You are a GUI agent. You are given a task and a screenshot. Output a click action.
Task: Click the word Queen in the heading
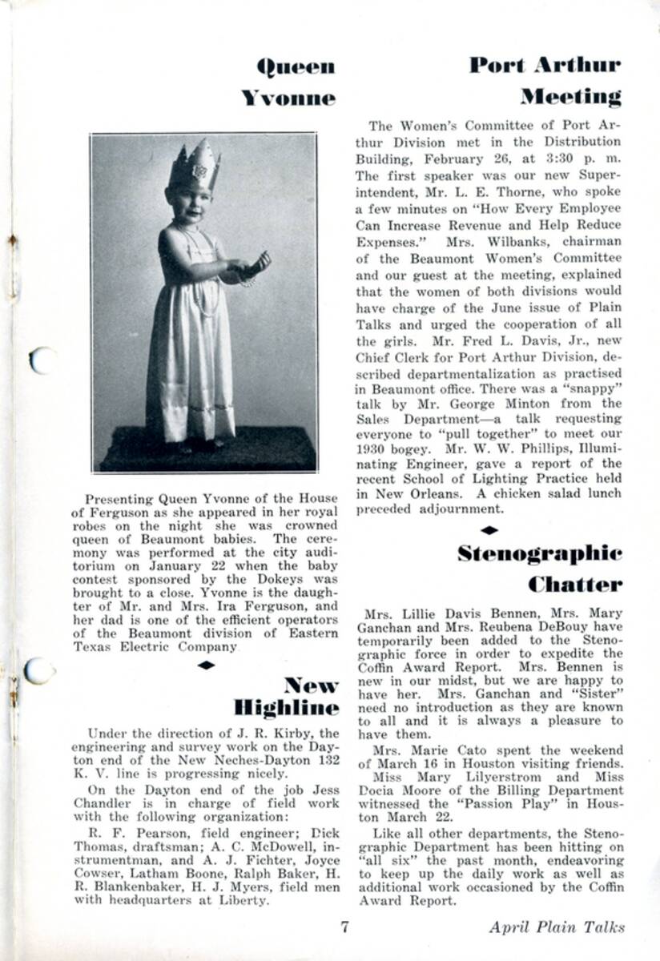[296, 67]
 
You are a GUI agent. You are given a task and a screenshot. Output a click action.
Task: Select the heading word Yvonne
[288, 99]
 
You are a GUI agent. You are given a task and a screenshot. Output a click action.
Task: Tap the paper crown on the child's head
[195, 166]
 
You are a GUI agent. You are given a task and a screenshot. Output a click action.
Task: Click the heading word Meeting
[570, 98]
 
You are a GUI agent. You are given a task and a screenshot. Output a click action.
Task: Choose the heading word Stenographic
[540, 553]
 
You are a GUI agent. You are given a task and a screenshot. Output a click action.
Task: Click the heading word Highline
[287, 707]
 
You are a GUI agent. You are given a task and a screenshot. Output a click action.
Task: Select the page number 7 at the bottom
[344, 928]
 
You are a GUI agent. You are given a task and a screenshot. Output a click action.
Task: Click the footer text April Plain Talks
[557, 928]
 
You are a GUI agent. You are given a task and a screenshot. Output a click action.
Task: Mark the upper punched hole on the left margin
[42, 361]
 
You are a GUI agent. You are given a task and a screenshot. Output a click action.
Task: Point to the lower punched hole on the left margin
[38, 670]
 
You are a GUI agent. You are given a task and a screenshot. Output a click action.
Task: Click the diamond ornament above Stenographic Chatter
[489, 529]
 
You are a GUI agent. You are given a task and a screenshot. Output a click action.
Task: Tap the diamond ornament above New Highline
[207, 665]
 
